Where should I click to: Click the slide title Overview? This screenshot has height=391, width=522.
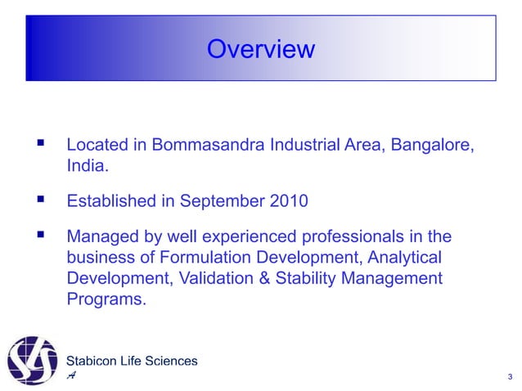260,49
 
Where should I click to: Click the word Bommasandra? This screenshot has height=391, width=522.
206,146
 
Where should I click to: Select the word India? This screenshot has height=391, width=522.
85,167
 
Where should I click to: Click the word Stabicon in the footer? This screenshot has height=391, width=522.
92,361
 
